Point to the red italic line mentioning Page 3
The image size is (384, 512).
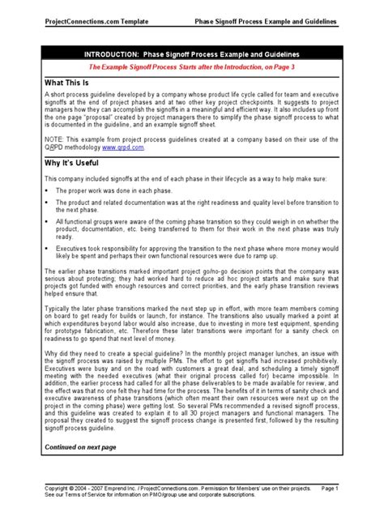pos(192,69)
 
